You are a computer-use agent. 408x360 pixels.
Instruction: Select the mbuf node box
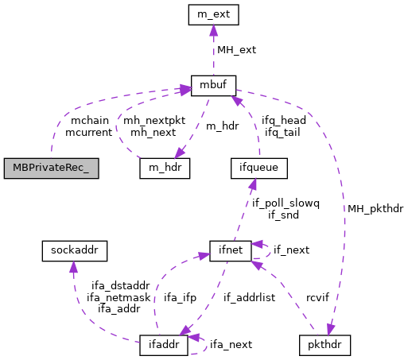212,85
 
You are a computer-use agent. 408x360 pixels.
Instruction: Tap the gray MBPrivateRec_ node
51,168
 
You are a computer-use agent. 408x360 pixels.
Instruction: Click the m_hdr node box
164,168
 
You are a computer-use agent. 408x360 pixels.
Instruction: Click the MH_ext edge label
236,49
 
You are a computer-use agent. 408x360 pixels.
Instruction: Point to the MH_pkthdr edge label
372,209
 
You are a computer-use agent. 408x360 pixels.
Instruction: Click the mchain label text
90,120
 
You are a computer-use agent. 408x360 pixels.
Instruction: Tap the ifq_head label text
282,120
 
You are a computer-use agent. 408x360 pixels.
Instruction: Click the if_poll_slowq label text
286,203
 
